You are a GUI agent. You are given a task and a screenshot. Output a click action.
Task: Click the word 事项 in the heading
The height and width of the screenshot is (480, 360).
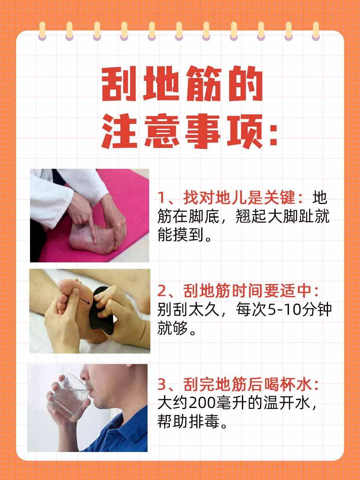tap(223, 131)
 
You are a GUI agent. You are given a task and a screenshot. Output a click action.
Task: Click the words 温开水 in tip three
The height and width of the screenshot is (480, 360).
tap(286, 403)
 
